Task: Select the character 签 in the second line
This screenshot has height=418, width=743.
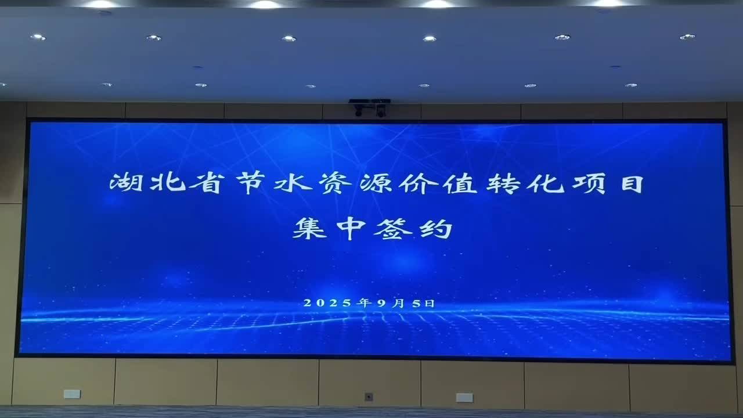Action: point(392,228)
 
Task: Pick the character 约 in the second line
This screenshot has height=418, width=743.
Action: point(434,228)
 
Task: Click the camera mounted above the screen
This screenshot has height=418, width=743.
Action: point(370,107)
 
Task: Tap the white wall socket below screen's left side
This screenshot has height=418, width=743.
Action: point(72,394)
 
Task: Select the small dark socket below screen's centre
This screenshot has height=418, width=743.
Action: point(369,397)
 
